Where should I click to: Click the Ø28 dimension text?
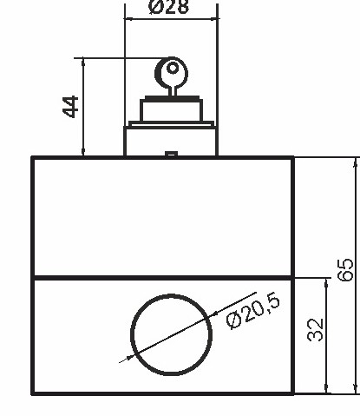169,8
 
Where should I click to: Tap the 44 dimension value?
71,107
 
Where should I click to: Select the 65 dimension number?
344,270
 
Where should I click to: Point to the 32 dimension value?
315,329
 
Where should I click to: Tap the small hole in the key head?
172,67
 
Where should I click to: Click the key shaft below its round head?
172,88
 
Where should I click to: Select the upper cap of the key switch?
171,111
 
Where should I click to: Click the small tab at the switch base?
171,155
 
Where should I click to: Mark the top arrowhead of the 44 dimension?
83,63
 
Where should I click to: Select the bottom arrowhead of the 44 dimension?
83,152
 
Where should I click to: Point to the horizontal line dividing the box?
87,277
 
